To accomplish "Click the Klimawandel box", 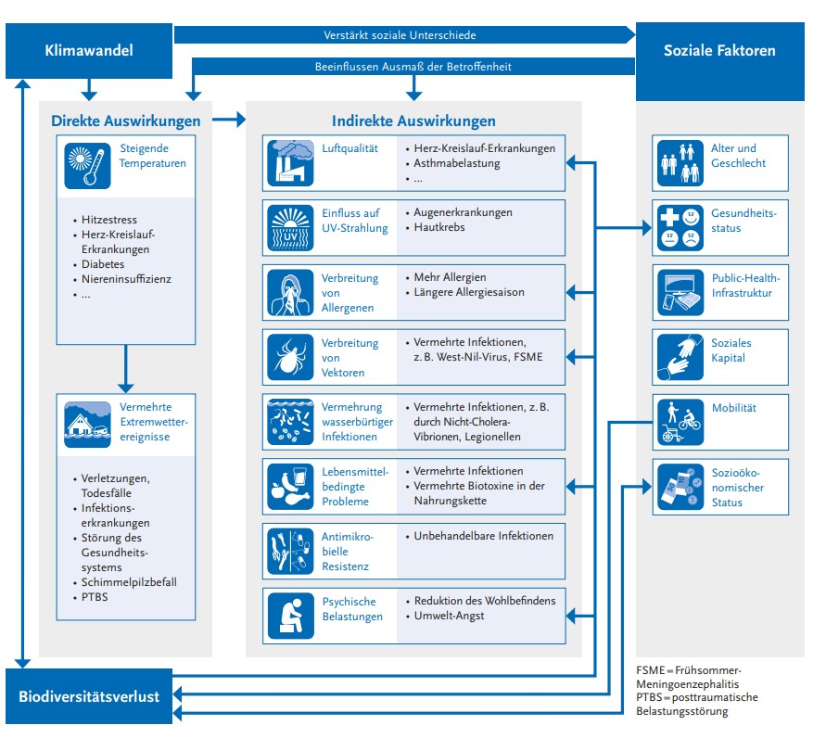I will pos(89,50).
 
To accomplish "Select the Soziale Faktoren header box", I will pos(719,50).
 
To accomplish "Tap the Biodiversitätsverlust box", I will pos(89,694).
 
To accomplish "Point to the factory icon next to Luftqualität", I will pos(290,163).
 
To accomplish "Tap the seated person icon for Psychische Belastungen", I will pos(290,616).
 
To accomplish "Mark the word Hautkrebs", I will pos(439,227).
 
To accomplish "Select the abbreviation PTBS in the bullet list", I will pos(95,597).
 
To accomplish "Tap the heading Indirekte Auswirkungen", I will pos(413,121).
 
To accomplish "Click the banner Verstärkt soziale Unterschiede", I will pos(400,35).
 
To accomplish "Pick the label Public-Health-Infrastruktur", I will pos(746,286).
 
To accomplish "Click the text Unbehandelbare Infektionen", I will pos(483,536).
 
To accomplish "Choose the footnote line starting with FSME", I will pos(690,670).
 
